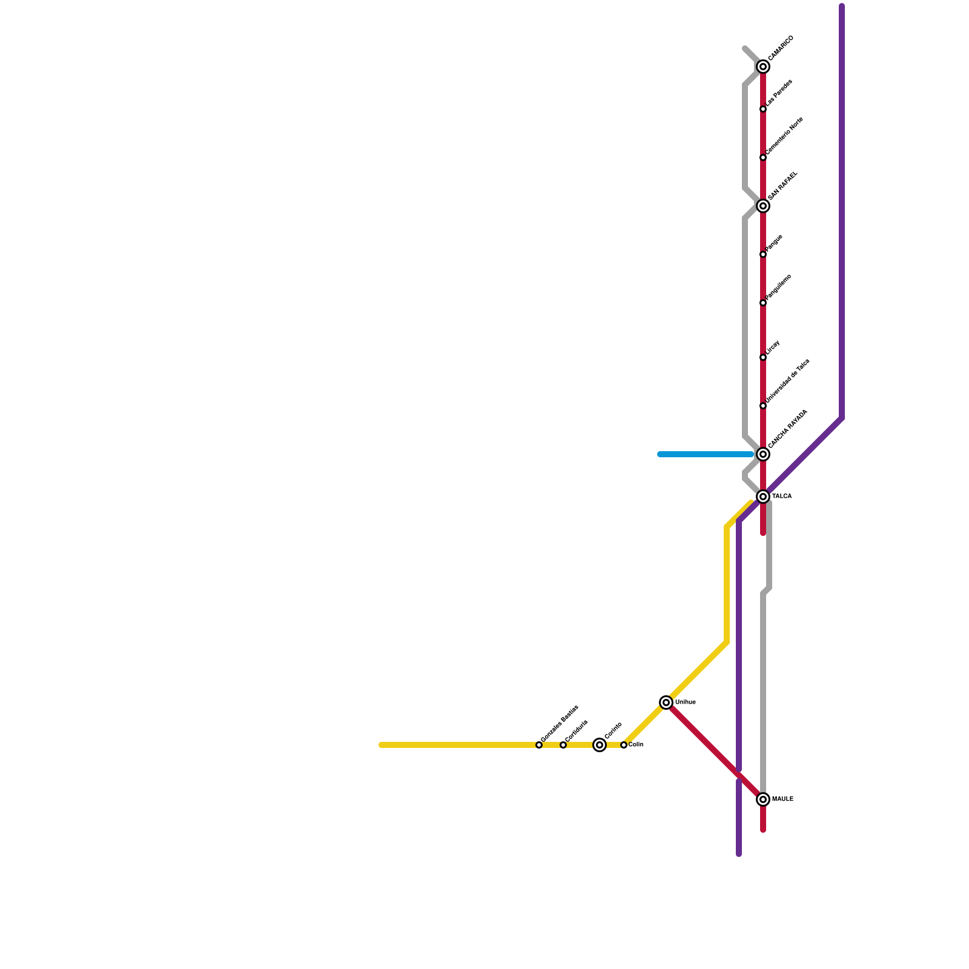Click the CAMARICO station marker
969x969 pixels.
[x=763, y=67]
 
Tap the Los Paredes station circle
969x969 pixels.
[x=763, y=109]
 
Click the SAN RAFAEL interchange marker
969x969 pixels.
[x=763, y=206]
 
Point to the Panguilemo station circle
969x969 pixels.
[x=763, y=303]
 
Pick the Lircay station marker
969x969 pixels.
[x=763, y=357]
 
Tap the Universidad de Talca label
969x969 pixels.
[x=787, y=381]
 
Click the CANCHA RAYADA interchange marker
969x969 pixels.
[x=763, y=454]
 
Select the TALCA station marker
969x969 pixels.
[x=763, y=497]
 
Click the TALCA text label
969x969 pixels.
[x=782, y=497]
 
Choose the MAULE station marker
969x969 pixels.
[x=763, y=799]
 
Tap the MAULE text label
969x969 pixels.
[x=782, y=799]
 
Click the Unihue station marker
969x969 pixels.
[x=666, y=703]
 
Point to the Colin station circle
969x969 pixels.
[x=624, y=745]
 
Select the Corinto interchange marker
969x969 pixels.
[x=600, y=745]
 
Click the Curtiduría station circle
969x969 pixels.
[x=563, y=745]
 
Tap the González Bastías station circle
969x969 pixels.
[x=539, y=745]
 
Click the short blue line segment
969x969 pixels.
[x=706, y=454]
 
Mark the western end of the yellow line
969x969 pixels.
[x=382, y=745]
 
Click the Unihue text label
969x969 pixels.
[x=686, y=703]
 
